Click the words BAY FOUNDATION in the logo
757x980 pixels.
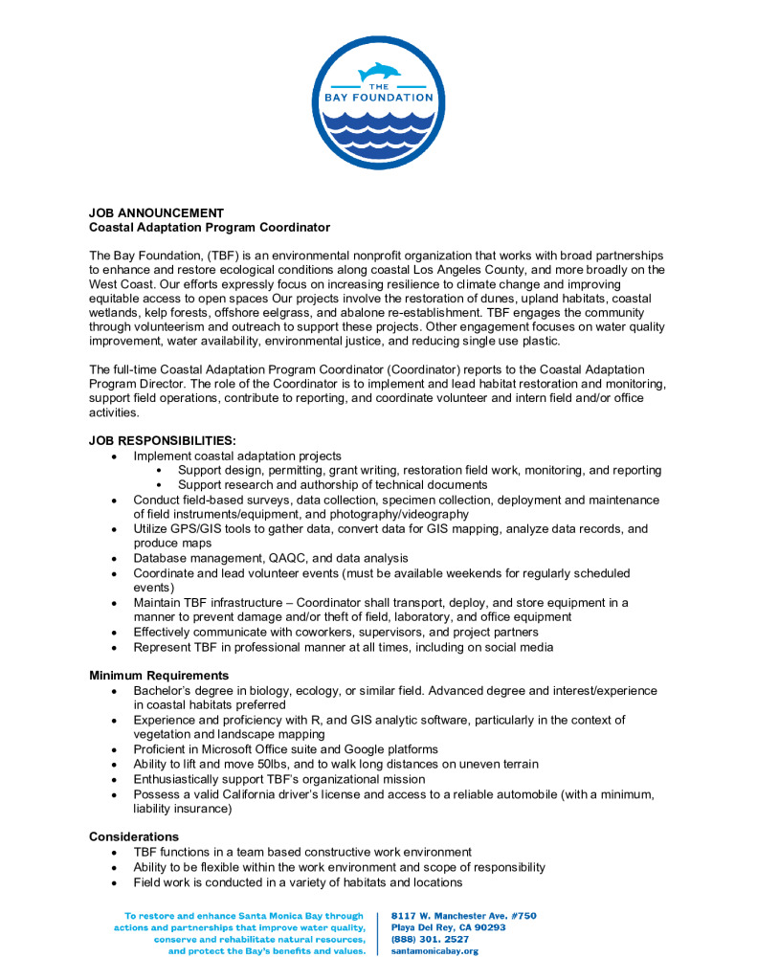click(379, 97)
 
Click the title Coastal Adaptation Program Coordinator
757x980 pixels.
click(210, 227)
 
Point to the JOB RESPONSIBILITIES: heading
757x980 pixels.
click(162, 441)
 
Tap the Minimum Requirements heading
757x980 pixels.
click(158, 676)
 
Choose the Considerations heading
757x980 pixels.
click(134, 836)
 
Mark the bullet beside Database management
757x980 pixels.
click(114, 558)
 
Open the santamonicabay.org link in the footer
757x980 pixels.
click(435, 951)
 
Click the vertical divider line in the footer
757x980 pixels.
click(380, 933)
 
